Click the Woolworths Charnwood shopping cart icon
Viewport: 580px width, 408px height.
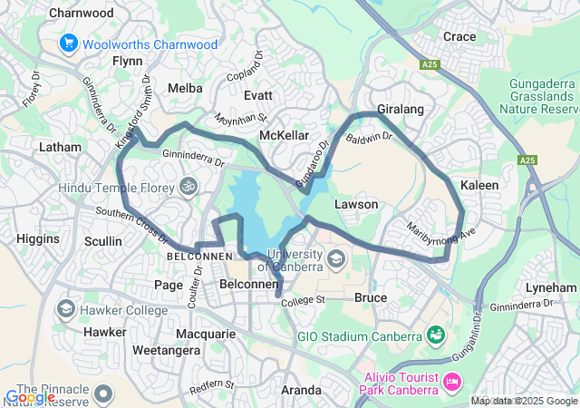coord(69,44)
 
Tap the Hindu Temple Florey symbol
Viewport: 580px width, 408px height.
coord(188,187)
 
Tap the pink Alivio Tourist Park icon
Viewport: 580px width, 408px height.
coord(450,384)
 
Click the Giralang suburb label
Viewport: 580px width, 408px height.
coord(401,109)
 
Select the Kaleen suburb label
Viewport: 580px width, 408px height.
coord(480,185)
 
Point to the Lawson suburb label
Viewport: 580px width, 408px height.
coord(356,204)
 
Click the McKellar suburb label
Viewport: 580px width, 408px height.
coord(285,135)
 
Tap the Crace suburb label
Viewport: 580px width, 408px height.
coord(459,36)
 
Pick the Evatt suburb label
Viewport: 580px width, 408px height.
coord(258,94)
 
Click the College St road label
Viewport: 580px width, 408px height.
coord(304,300)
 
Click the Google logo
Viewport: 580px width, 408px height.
coord(30,397)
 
